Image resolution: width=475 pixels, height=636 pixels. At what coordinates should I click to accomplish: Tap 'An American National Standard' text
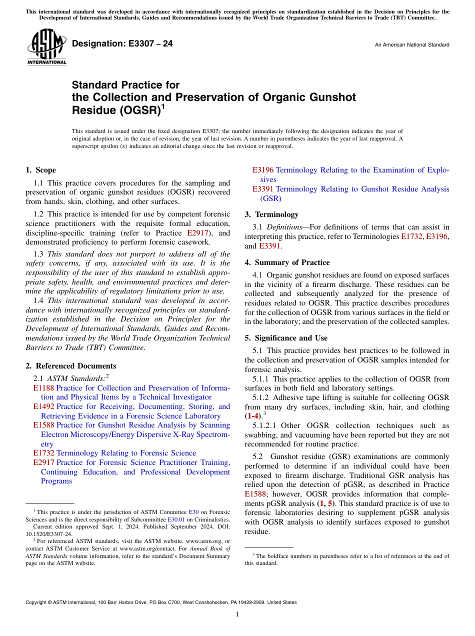point(411,45)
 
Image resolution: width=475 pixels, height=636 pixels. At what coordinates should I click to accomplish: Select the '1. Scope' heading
point(41,170)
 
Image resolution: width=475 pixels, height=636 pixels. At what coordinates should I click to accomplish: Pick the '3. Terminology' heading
point(271,214)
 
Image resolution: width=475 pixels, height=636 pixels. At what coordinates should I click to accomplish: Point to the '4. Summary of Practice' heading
point(286,262)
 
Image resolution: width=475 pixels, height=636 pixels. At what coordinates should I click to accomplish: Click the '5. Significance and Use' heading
point(286,338)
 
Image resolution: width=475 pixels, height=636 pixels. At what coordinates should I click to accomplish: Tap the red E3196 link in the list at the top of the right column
point(263,170)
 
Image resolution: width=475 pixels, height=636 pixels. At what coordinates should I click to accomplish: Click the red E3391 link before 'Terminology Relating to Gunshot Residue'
point(263,189)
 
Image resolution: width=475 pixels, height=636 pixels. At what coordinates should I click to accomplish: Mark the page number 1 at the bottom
point(237,614)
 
